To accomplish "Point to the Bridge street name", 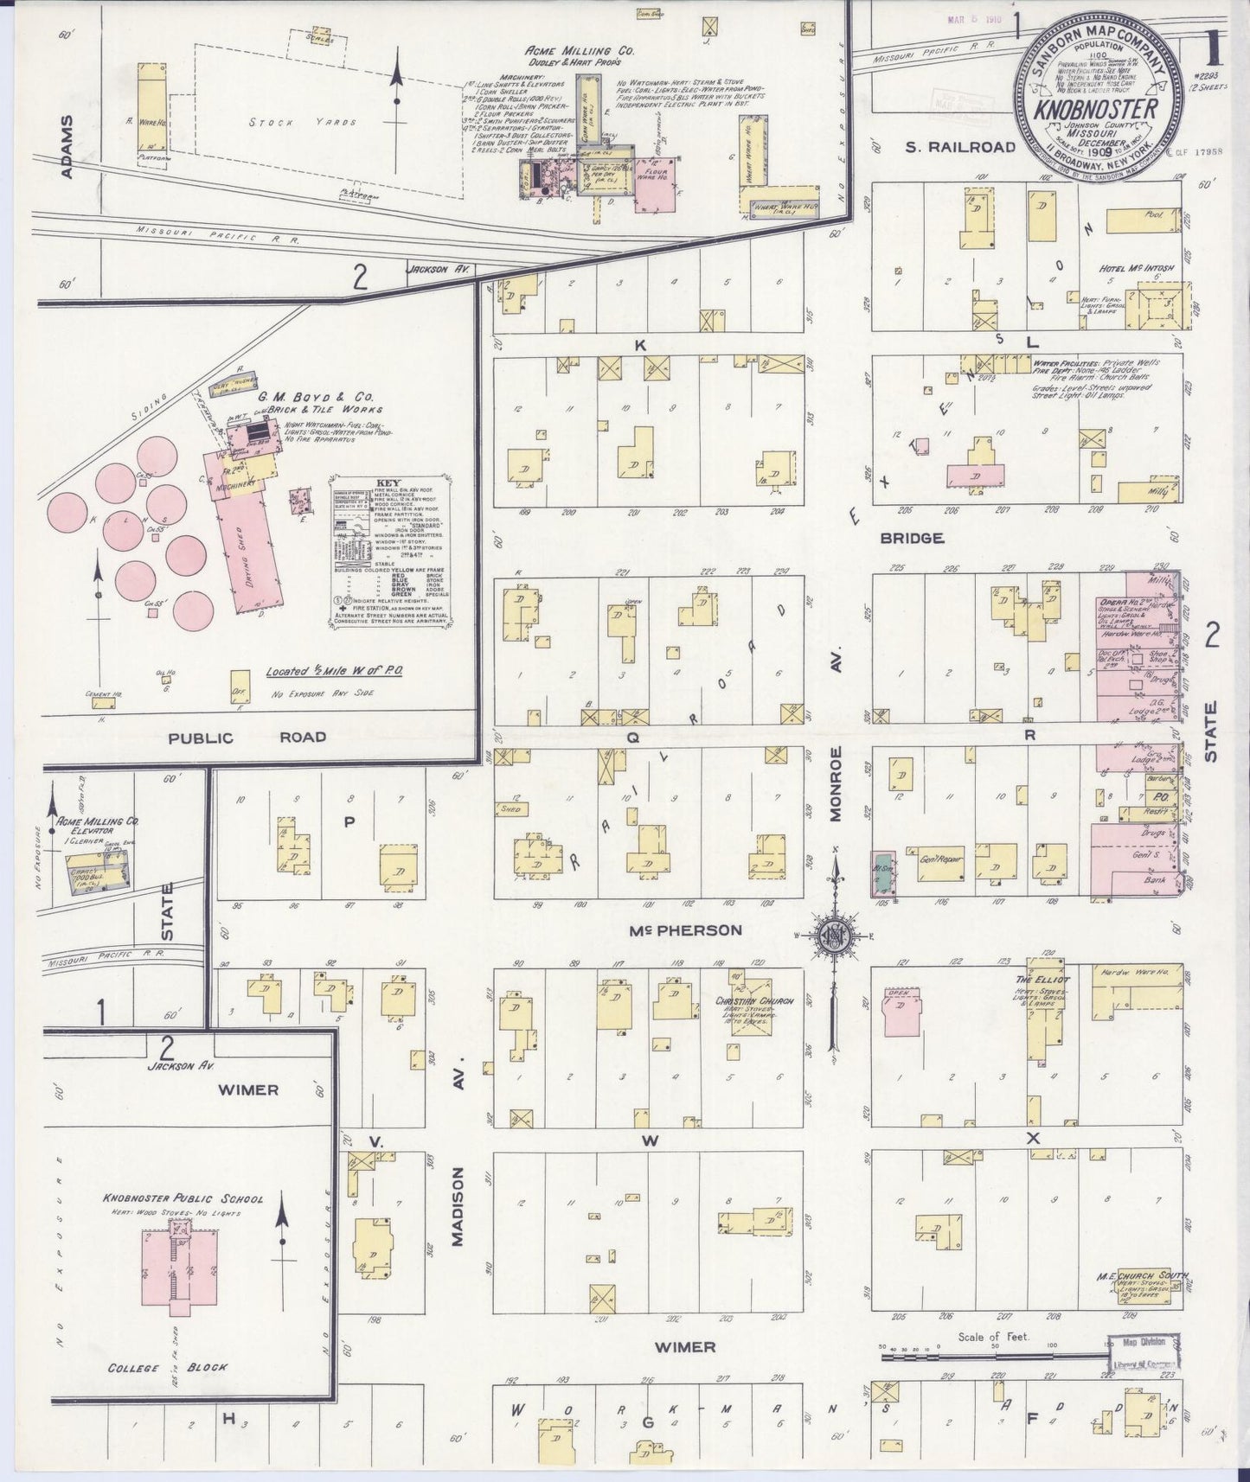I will pos(911,538).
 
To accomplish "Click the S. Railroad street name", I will pos(959,147).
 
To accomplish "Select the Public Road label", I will pos(247,738).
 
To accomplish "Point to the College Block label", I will pos(167,1367).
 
